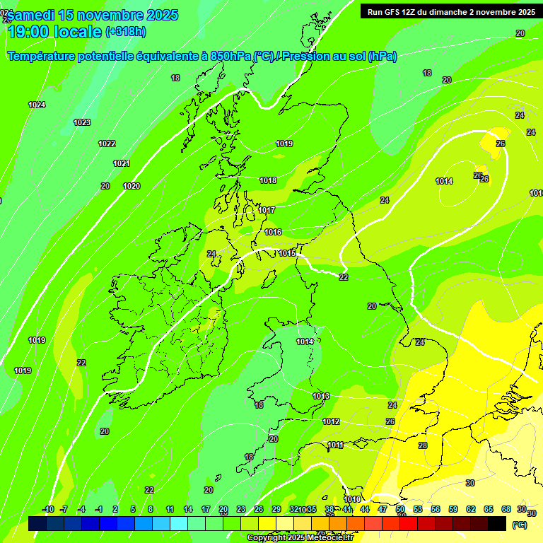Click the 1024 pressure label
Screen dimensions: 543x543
tap(37, 105)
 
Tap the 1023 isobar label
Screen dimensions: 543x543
tap(82, 122)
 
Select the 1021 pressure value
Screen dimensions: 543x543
tap(122, 163)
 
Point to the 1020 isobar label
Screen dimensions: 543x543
tap(132, 186)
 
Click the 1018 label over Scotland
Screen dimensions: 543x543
tap(268, 180)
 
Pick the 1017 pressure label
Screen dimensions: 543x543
tap(267, 210)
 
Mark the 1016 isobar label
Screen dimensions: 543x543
tap(273, 232)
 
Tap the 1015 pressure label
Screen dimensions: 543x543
tap(286, 253)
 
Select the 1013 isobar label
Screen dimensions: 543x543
tap(321, 396)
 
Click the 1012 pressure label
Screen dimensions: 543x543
tap(331, 421)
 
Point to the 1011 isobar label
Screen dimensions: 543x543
tap(335, 445)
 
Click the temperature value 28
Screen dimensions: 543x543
tap(423, 445)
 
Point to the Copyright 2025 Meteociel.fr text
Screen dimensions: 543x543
tap(300, 538)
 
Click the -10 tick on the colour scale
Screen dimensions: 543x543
tap(48, 509)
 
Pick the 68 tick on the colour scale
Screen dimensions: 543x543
tap(506, 509)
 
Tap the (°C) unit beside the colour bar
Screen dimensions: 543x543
tap(519, 525)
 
